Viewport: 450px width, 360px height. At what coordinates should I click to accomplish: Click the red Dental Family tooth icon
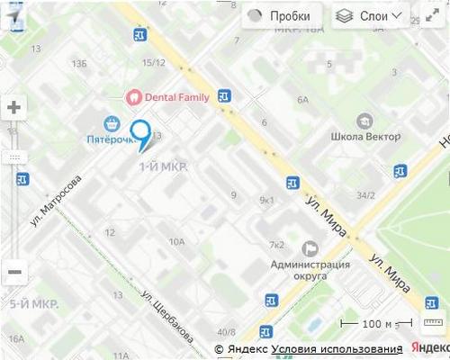(x=132, y=96)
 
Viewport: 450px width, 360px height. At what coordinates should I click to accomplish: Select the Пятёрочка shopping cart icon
(x=112, y=123)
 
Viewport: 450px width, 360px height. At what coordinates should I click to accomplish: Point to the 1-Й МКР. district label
(x=162, y=168)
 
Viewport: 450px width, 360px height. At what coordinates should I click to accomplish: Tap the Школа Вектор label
(x=365, y=137)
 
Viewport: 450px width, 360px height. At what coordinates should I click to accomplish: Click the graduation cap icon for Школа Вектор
(x=364, y=121)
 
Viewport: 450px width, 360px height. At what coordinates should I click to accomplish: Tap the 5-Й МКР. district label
(x=33, y=304)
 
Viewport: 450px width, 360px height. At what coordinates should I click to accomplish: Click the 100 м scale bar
(x=378, y=324)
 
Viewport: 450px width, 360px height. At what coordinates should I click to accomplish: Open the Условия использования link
(x=337, y=349)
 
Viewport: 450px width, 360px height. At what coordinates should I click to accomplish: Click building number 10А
(x=176, y=241)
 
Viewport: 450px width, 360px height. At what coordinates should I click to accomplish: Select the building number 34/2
(x=365, y=194)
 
